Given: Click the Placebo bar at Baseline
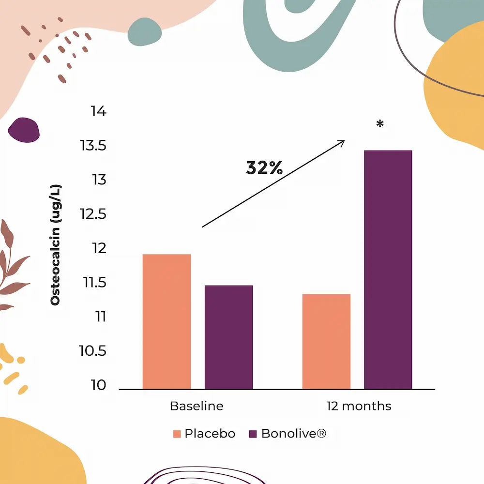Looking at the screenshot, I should (166, 321).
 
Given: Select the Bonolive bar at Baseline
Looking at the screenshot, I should (228, 337).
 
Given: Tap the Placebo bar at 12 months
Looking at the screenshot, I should (326, 341).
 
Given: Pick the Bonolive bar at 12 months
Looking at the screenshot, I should (388, 270).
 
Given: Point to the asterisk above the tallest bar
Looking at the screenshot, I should (380, 125).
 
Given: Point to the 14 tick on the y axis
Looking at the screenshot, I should (98, 112).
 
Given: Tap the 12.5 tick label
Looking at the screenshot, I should (93, 214).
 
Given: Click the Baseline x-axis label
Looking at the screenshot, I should (197, 406).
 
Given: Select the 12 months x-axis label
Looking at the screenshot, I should (358, 406).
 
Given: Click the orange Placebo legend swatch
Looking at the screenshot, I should (177, 434).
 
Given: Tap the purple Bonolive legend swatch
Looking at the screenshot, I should (253, 434).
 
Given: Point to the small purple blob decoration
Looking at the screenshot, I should (24, 130).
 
